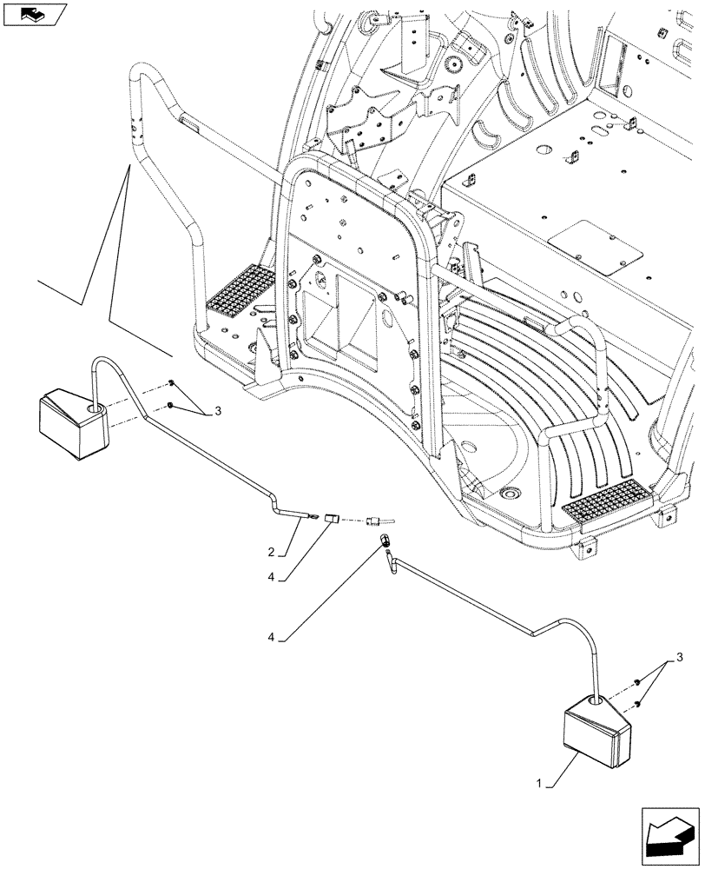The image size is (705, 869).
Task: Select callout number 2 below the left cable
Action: [271, 552]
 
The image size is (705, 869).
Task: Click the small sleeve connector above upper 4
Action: [331, 521]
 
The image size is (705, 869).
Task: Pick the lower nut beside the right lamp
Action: [638, 703]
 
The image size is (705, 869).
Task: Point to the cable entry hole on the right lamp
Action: [595, 698]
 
